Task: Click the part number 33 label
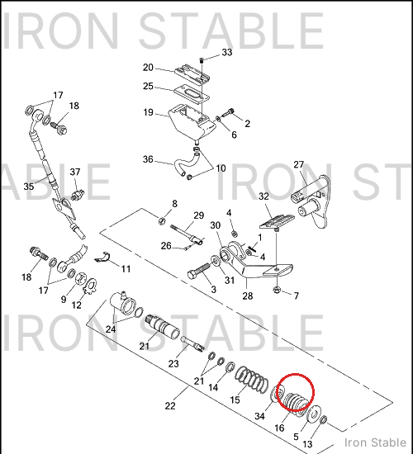tap(227, 52)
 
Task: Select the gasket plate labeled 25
tap(192, 94)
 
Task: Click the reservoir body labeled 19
tap(192, 121)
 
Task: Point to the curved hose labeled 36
tap(188, 163)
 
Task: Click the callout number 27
tap(298, 164)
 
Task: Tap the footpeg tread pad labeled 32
tap(277, 221)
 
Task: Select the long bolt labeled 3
tap(199, 271)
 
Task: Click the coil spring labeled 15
tap(251, 380)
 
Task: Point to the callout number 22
tap(170, 405)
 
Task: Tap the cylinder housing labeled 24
tap(125, 304)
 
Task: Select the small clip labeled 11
tap(102, 258)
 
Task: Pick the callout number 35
tap(29, 187)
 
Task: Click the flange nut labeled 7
tap(277, 289)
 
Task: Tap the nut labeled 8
tap(162, 221)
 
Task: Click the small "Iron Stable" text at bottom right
tap(375, 442)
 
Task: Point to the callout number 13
tap(307, 444)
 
